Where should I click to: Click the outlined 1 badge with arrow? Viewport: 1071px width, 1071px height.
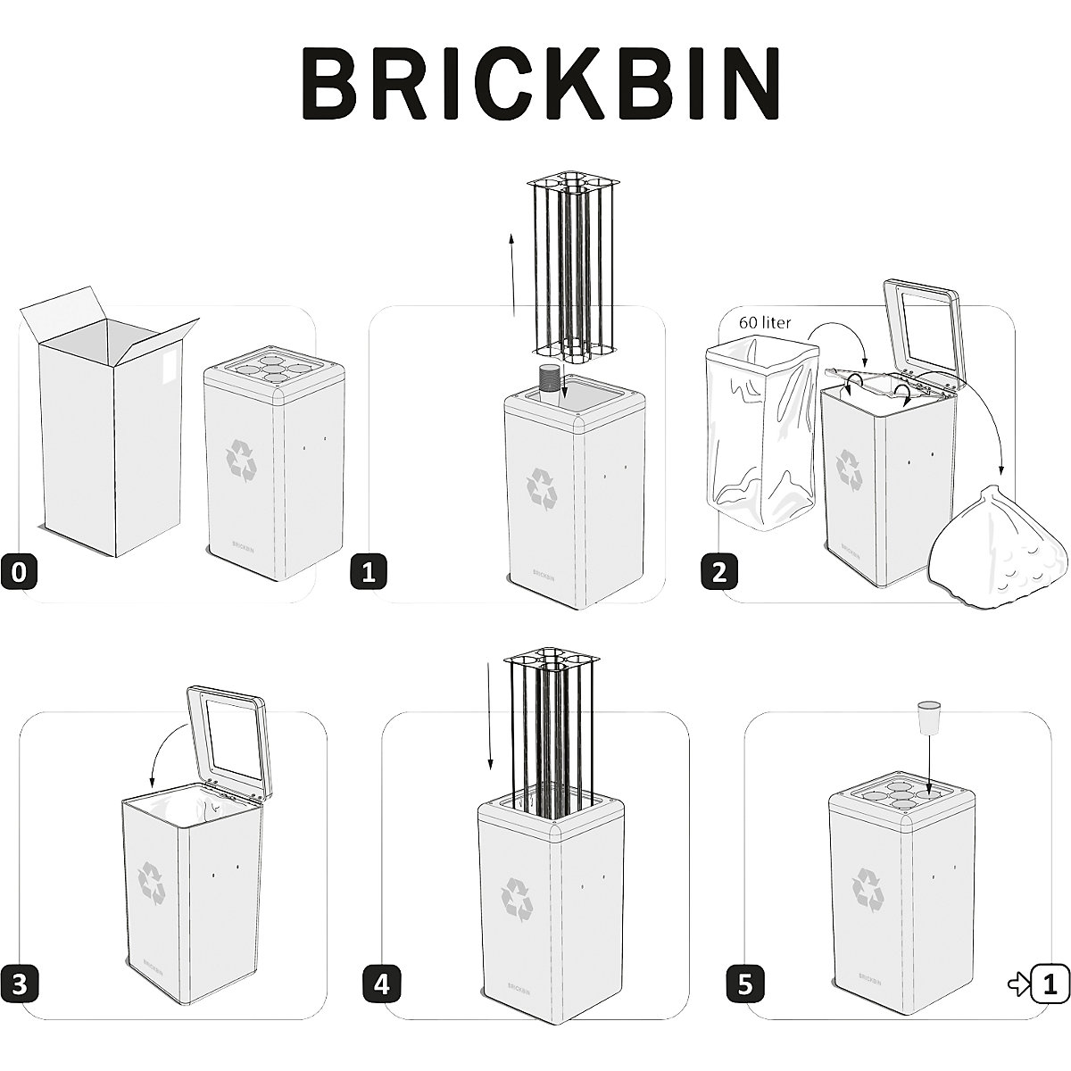coord(1050,984)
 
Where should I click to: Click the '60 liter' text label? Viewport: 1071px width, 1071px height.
coord(764,322)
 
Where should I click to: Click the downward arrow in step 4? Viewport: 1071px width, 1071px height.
coord(490,715)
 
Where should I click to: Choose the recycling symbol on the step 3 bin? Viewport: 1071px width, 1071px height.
coord(151,880)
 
